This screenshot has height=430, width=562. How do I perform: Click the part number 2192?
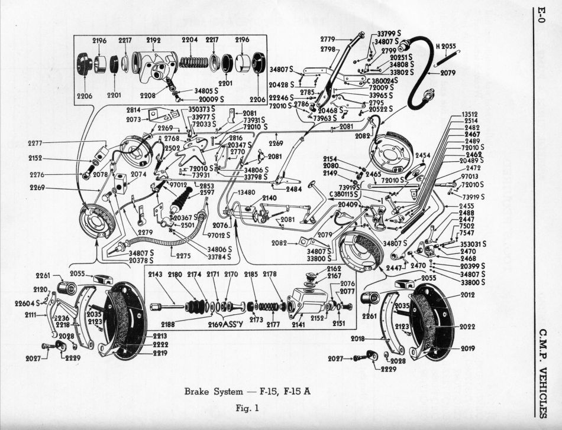pos(154,41)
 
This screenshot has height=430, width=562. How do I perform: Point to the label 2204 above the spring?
pos(189,41)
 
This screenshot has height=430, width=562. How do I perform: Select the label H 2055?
pos(446,45)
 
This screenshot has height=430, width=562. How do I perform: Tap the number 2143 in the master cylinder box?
pos(156,274)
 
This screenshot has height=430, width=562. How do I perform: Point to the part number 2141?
pos(299,324)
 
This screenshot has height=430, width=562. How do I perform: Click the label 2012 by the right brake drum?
pos(468,294)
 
